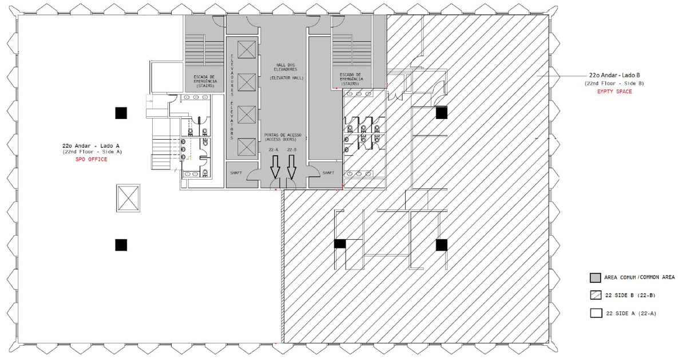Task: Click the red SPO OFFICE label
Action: click(92, 159)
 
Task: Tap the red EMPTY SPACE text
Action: click(614, 92)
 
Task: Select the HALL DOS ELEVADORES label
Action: click(285, 67)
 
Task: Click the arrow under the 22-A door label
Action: click(275, 167)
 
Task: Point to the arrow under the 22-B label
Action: click(291, 167)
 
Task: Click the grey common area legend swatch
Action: click(596, 278)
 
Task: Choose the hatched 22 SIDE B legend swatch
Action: click(596, 295)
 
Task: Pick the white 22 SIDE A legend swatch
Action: click(596, 313)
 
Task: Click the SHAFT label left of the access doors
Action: click(236, 173)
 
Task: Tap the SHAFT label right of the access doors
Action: click(328, 173)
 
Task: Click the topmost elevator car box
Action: click(247, 49)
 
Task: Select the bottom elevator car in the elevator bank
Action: click(247, 147)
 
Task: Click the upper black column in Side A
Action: click(121, 113)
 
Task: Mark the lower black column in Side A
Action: click(121, 245)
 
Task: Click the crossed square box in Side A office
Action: click(128, 198)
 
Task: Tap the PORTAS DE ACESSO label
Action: click(283, 135)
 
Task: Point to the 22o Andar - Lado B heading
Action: click(614, 75)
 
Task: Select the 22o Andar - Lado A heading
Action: click(91, 146)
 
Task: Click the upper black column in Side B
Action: click(442, 113)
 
